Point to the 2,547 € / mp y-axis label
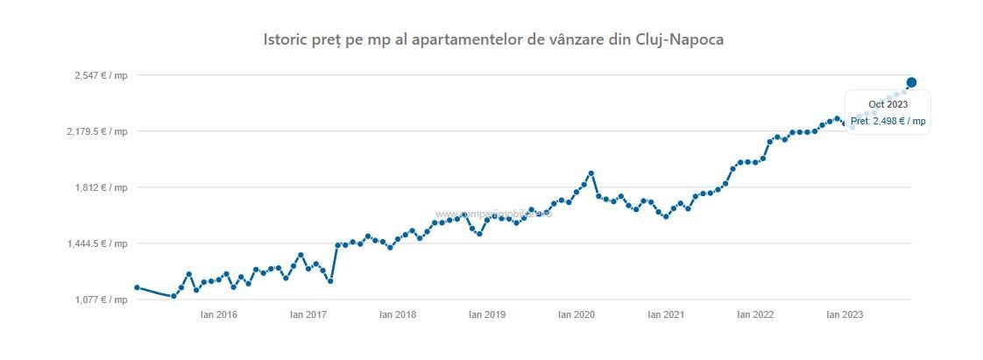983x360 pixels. pyautogui.click(x=101, y=75)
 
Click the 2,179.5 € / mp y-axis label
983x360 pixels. pyautogui.click(x=96, y=131)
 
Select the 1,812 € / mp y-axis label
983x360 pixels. pyautogui.click(x=101, y=187)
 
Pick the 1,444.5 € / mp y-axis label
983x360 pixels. pyautogui.click(x=96, y=244)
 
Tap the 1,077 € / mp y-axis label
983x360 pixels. pyautogui.click(x=101, y=300)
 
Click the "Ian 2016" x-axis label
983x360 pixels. pyautogui.click(x=219, y=314)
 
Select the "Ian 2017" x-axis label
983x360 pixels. pyautogui.click(x=308, y=314)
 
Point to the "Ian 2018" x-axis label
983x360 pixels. pyautogui.click(x=398, y=314)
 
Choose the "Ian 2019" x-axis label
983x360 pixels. pyautogui.click(x=487, y=314)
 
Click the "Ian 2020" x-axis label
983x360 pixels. pyautogui.click(x=576, y=314)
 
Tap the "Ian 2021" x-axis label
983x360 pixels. pyautogui.click(x=666, y=314)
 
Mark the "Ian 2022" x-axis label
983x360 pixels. pyautogui.click(x=755, y=314)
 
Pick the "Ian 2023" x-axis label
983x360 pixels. pyautogui.click(x=845, y=314)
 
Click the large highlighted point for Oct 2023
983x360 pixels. pyautogui.click(x=911, y=82)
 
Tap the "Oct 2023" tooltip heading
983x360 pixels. pyautogui.click(x=888, y=104)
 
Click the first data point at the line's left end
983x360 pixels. pyautogui.click(x=137, y=287)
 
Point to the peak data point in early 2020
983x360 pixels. pyautogui.click(x=591, y=173)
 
